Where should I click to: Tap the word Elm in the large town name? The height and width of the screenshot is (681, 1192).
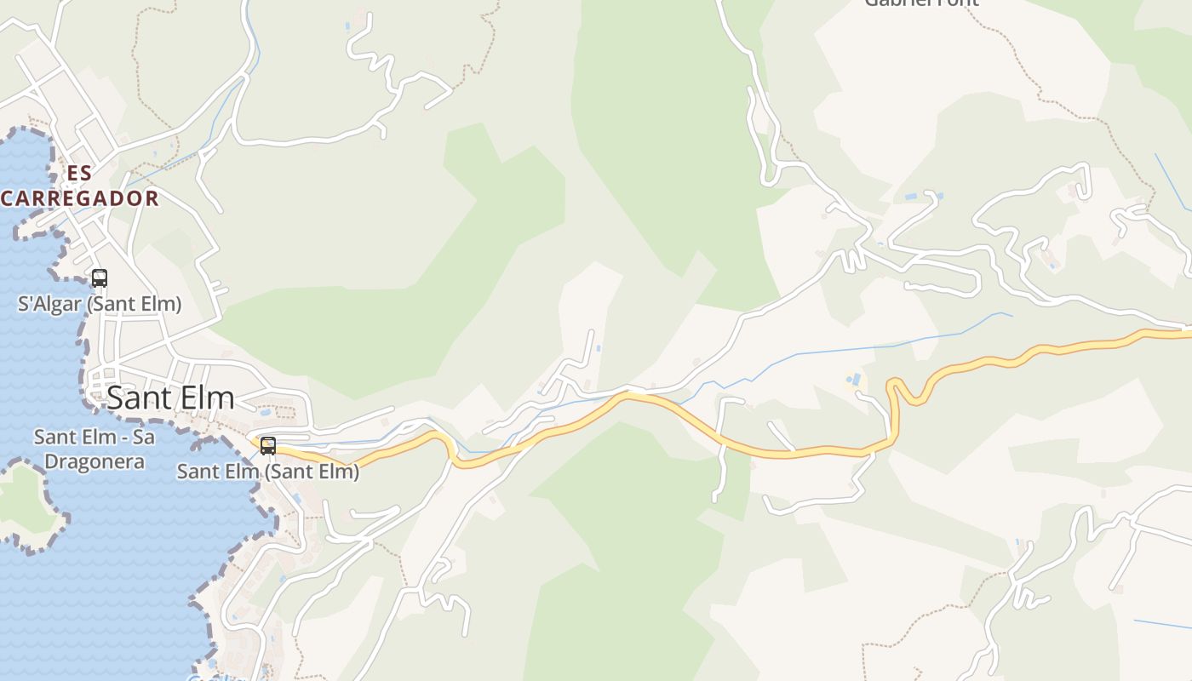(205, 398)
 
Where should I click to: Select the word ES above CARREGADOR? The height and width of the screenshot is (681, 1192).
(79, 174)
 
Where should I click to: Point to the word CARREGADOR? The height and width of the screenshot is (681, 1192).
(80, 198)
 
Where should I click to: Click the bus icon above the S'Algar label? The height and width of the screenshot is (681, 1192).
(100, 278)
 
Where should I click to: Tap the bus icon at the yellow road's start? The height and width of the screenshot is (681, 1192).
(268, 445)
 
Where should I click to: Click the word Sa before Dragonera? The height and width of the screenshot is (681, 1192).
(145, 438)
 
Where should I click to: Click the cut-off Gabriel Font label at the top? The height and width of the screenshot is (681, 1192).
(921, 3)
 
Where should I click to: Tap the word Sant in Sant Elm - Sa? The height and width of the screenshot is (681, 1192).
(56, 438)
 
